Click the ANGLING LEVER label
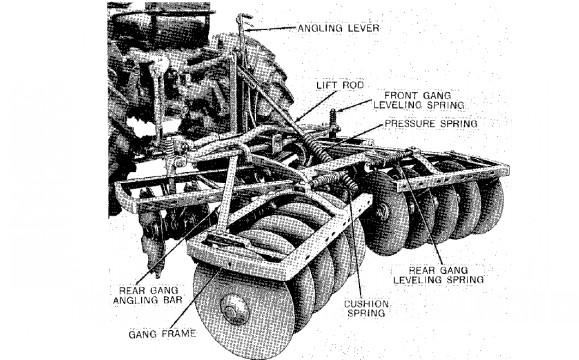point(338,28)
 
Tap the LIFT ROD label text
point(340,85)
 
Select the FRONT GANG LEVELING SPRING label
point(419,100)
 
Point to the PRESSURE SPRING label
point(431,123)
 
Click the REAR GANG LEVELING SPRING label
point(438,275)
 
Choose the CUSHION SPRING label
point(366,309)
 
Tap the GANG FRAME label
point(162,334)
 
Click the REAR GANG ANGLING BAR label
point(148,295)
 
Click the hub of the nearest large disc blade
point(234,309)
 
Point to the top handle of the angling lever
point(242,18)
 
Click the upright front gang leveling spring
point(333,120)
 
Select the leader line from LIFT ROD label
point(315,106)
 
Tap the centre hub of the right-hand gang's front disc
point(382,212)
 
